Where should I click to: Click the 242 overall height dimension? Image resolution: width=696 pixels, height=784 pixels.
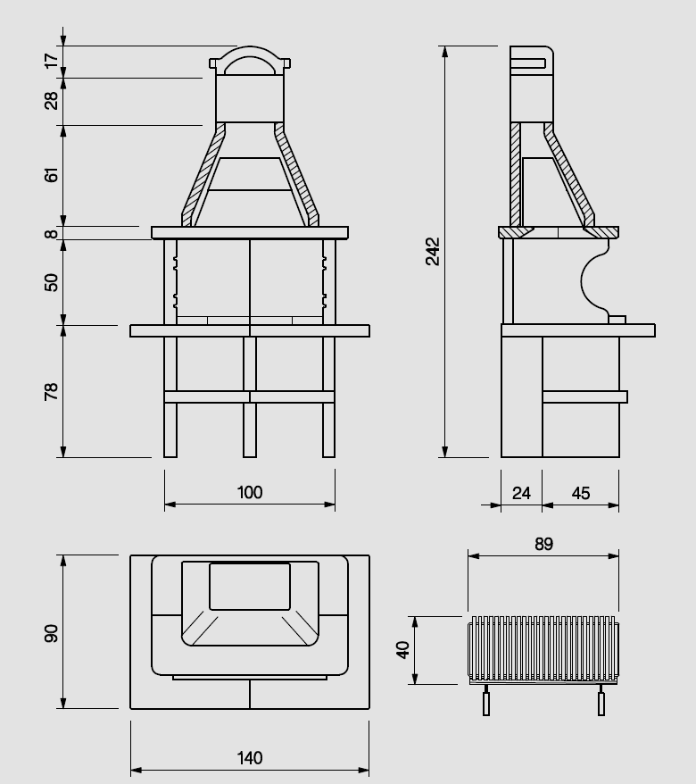[x=433, y=252]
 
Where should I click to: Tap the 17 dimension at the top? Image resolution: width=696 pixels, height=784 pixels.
[x=51, y=61]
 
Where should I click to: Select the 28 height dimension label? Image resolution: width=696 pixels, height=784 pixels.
[x=51, y=101]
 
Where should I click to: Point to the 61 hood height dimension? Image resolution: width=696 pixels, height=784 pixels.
[x=51, y=175]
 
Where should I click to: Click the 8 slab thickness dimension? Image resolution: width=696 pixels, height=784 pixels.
[x=51, y=233]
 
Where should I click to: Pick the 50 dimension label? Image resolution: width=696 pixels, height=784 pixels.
[x=51, y=282]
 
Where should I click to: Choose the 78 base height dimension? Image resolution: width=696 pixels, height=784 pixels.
[x=51, y=391]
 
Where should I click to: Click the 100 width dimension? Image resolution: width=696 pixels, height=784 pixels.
[x=250, y=493]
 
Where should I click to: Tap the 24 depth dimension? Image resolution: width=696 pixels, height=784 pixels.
[x=521, y=494]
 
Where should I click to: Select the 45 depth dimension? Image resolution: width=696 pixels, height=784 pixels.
[x=581, y=494]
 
